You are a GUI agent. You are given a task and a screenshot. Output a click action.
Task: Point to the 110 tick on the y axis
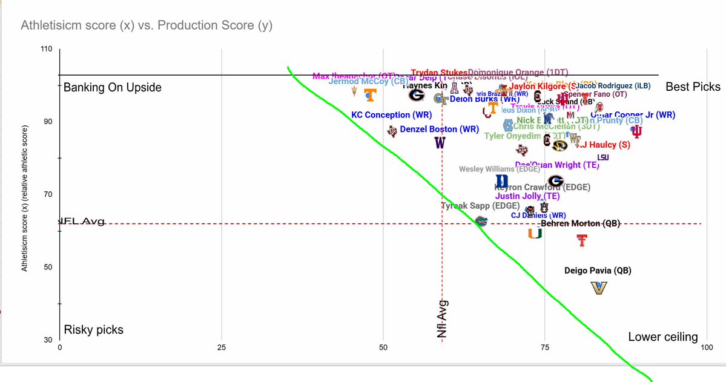[47, 49]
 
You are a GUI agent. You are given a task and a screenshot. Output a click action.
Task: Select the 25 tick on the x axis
[221, 347]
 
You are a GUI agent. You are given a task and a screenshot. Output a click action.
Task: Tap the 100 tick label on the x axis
[705, 347]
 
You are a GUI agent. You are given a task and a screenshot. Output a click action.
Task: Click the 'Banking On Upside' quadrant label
[113, 87]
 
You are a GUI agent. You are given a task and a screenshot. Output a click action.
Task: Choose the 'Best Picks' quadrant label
[693, 87]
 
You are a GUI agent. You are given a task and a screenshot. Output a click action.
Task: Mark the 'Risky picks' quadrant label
[94, 330]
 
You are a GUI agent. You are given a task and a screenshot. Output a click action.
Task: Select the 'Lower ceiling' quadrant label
[663, 337]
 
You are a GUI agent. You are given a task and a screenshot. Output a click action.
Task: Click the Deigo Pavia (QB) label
[598, 271]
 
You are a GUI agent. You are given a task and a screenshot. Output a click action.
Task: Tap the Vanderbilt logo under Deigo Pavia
[598, 288]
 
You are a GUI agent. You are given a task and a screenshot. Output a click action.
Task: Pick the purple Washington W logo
[440, 143]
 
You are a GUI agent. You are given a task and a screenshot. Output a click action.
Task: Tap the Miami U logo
[534, 233]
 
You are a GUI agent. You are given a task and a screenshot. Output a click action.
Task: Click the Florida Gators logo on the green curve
[481, 220]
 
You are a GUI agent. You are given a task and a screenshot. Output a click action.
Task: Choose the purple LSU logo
[603, 158]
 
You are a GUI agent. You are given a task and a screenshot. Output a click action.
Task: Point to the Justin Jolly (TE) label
[527, 196]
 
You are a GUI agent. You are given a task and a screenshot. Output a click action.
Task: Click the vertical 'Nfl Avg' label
[443, 318]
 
